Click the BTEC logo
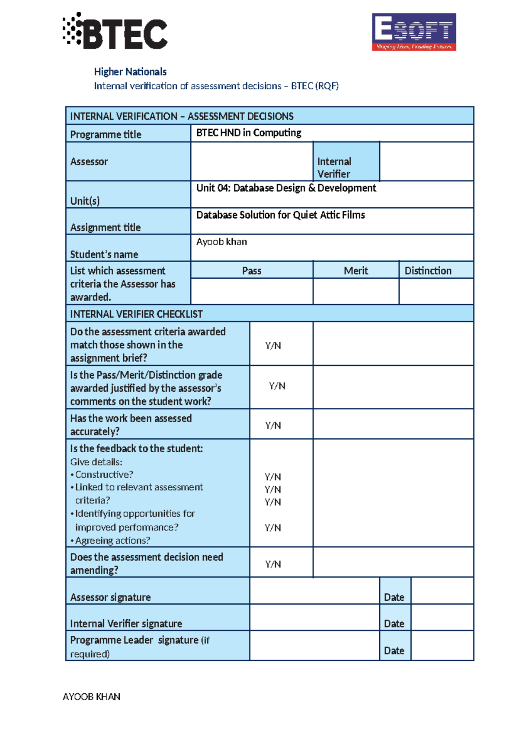point(115,31)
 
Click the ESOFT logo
point(414,32)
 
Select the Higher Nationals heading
point(130,72)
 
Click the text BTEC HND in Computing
point(249,133)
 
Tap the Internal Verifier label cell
point(346,167)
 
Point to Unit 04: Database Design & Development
point(286,188)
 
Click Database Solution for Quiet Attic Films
point(280,215)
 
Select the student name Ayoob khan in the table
point(221,242)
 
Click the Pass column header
point(252,271)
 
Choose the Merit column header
point(356,271)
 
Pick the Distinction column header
point(428,271)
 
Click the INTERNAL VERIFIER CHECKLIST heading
point(136,314)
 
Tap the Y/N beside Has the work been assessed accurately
point(273,425)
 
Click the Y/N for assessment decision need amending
point(273,564)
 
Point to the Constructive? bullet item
point(104,475)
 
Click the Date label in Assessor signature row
point(394,597)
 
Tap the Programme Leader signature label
point(139,641)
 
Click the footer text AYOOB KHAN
point(92,697)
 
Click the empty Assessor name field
point(252,161)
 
